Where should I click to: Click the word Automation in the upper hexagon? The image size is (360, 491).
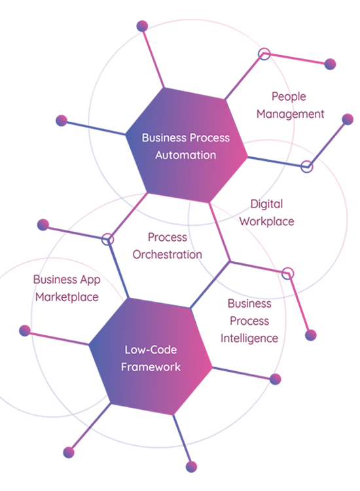tap(186, 155)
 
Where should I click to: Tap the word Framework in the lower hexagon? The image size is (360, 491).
tap(151, 367)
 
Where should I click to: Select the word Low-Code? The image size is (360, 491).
tap(151, 350)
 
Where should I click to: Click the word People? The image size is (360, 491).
tap(289, 97)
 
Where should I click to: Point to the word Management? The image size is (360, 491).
tap(291, 114)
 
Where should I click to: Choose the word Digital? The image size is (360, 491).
tap(266, 204)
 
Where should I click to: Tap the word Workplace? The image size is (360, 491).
tap(266, 221)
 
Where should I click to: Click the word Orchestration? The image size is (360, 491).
tap(167, 254)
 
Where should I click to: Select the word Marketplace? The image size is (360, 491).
tap(67, 297)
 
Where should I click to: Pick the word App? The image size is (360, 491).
tap(90, 280)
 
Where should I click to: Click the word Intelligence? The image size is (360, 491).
tap(249, 338)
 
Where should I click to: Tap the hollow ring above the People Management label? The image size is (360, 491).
tap(264, 54)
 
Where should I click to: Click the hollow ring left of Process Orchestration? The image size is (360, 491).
tap(108, 239)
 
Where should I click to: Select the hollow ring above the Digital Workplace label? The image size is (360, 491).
tap(307, 166)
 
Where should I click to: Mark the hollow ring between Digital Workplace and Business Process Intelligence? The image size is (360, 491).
tap(288, 274)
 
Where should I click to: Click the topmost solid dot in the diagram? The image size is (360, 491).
tap(143, 26)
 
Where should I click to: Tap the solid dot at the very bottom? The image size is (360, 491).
tap(191, 467)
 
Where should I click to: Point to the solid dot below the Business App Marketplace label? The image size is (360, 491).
tap(25, 331)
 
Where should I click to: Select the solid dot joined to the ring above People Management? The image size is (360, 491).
tap(330, 64)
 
